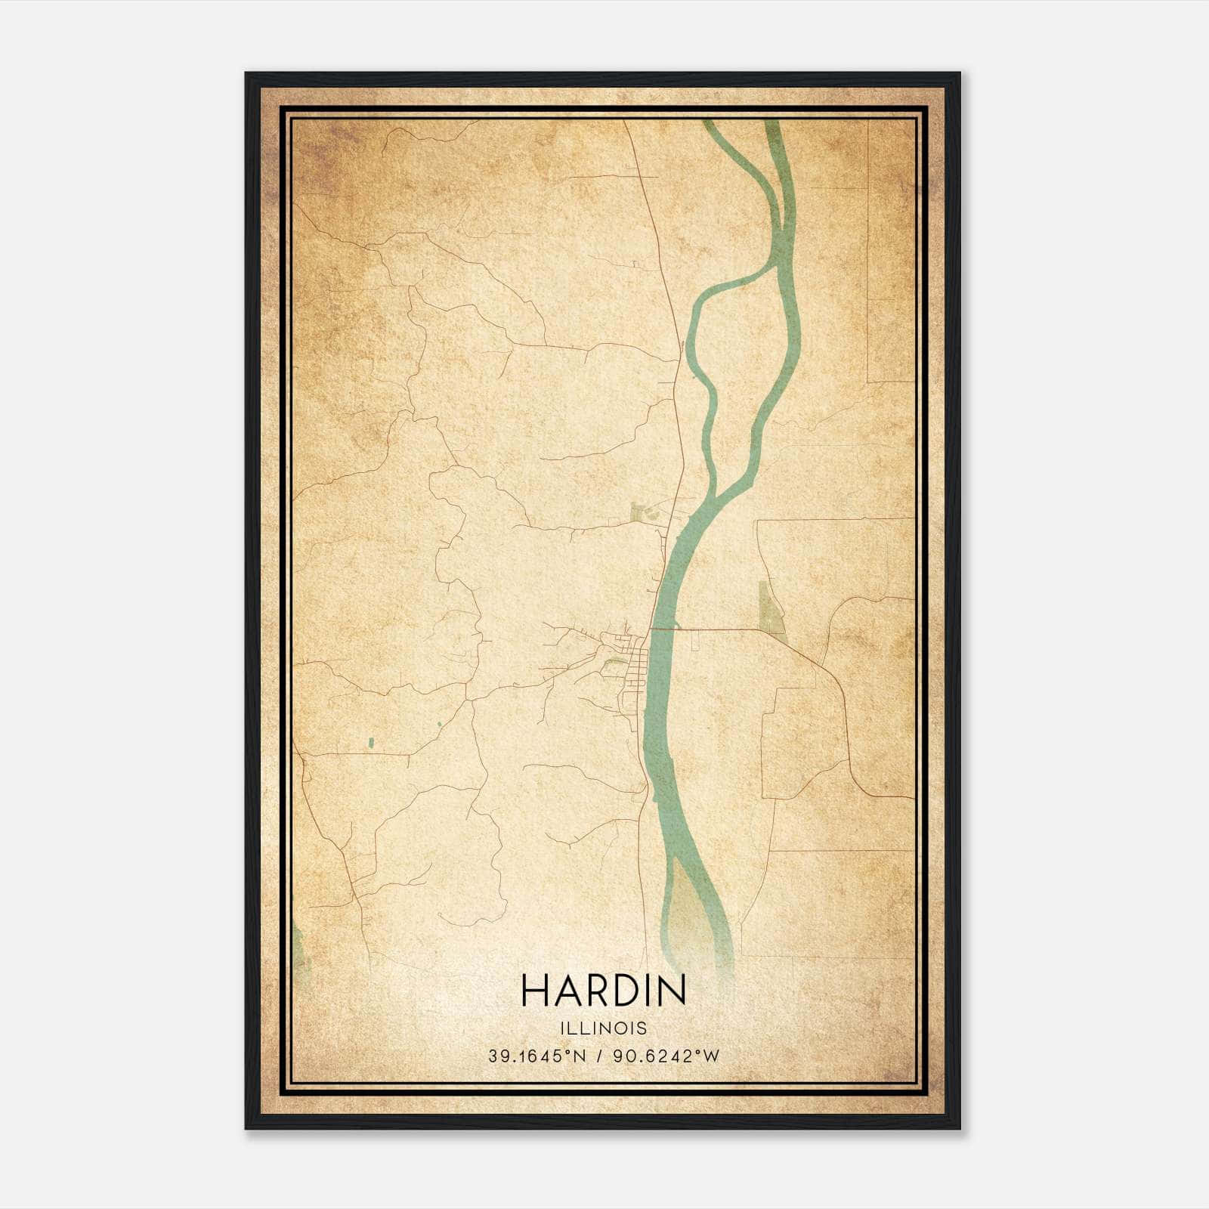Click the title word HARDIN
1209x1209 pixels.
[603, 990]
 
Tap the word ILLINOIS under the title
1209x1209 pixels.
[603, 1028]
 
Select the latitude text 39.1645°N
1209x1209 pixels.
[536, 1056]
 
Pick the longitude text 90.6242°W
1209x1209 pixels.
[666, 1056]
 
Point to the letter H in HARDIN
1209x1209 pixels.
[534, 990]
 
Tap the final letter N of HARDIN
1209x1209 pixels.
[672, 990]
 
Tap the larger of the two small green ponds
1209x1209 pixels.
[370, 744]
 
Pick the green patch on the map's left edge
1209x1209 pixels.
[298, 948]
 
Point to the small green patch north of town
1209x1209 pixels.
[642, 514]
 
